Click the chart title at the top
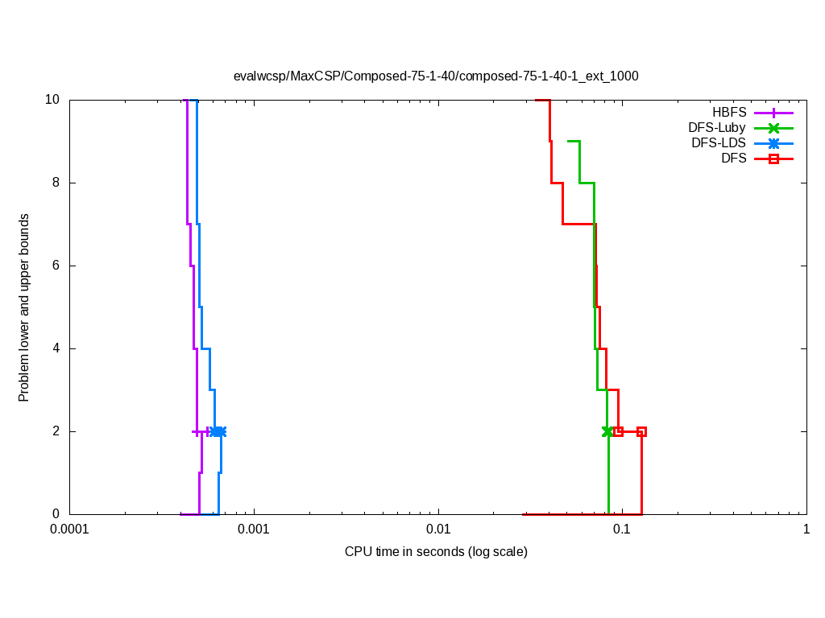435,76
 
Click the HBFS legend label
729,113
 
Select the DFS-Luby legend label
717,128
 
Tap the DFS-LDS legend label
719,143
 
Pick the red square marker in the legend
773,159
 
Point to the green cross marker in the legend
773,128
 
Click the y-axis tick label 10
52,100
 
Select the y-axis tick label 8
56,183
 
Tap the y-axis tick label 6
56,266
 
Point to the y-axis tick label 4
56,348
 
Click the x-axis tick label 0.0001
69,529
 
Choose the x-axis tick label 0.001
254,529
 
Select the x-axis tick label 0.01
438,529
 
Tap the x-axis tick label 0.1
622,529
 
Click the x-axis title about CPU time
436,552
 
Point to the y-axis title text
25,308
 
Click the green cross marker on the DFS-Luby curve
607,431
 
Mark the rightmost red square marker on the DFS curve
641,431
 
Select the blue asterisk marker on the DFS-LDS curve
218,431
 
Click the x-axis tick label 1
806,529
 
